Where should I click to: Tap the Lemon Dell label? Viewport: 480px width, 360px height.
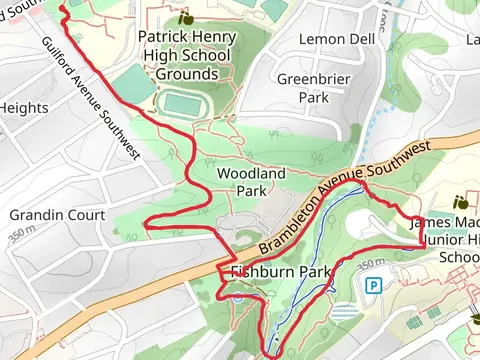337,39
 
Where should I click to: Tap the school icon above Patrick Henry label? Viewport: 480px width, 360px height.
185,18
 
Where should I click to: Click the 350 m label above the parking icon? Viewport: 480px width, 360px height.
370,263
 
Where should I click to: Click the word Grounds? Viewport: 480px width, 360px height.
187,74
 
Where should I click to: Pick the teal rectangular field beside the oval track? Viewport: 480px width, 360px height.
134,83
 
